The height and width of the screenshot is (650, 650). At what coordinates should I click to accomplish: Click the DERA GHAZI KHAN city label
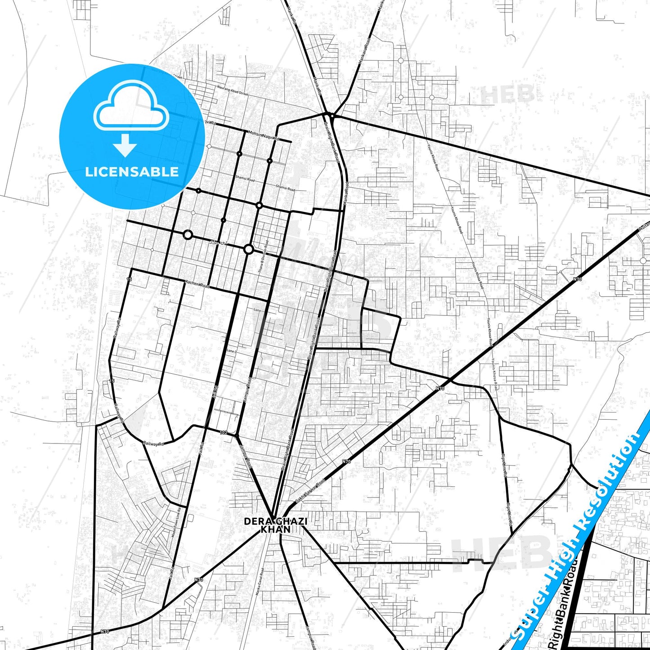pos(275,525)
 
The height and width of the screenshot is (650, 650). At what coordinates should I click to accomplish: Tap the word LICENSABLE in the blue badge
pos(132,172)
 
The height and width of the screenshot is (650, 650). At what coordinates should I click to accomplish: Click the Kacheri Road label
pos(197,284)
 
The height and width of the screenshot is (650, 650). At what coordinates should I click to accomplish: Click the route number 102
pos(224,432)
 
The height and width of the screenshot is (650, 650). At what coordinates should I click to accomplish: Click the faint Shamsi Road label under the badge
pos(174,161)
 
